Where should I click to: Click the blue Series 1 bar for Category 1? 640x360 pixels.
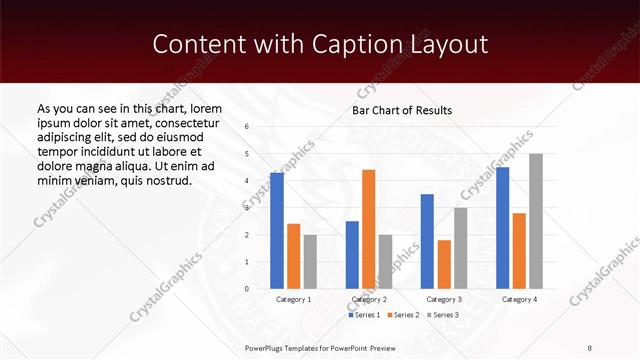coord(277,231)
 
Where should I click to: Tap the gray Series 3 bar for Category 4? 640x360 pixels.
coord(536,221)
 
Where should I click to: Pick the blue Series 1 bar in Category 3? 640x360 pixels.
coord(427,241)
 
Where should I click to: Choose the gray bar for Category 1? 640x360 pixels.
coord(310,261)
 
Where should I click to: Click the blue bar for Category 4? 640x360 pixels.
coord(502,228)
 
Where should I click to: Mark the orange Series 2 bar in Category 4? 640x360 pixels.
coord(519,251)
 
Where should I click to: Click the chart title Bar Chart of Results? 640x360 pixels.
coord(402,110)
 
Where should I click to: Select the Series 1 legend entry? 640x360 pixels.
coord(364,316)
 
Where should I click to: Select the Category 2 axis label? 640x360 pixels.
coord(370,299)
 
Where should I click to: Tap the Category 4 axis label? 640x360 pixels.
coord(519,299)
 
